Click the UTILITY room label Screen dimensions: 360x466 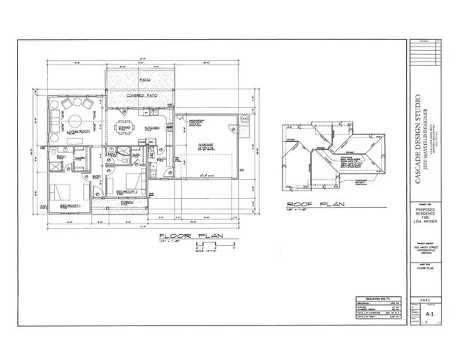tap(160, 159)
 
